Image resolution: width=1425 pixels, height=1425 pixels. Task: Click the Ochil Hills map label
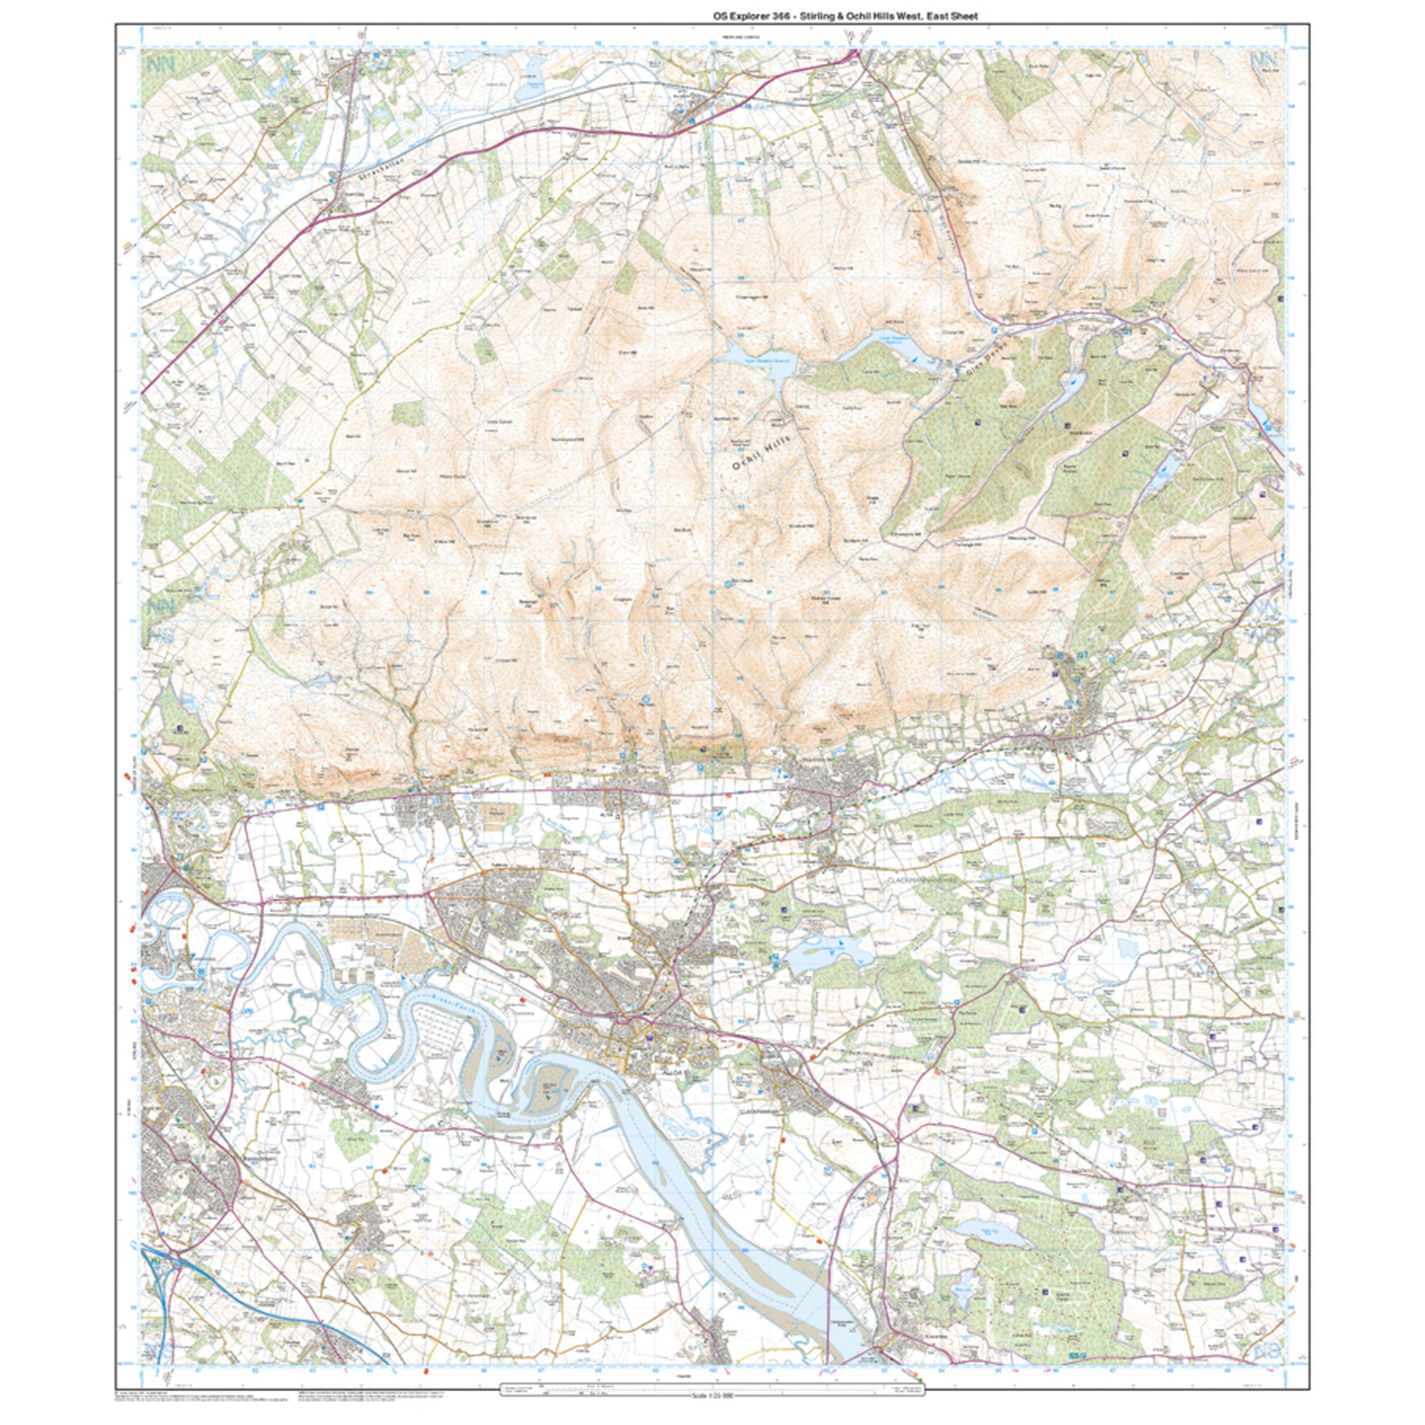[760, 451]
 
